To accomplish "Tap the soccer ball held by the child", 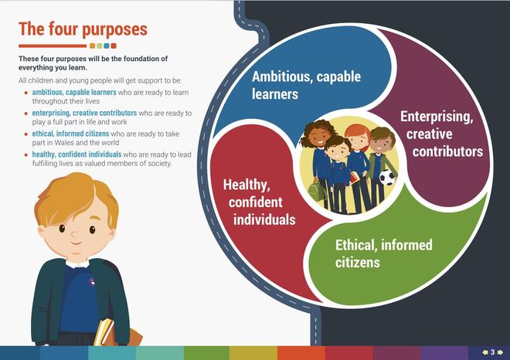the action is coord(387,177).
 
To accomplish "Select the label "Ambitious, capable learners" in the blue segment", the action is coord(307,85).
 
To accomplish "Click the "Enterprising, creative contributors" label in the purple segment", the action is coord(441,134).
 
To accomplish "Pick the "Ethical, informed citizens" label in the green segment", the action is coord(384,253).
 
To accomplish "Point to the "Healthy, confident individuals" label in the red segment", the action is coord(259,202).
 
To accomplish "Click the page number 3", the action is coord(492,352).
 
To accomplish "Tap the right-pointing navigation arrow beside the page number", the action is coord(500,352).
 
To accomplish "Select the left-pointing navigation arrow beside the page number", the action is coord(485,352).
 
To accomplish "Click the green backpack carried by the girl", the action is coord(316,192).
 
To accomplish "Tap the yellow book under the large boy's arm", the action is coord(103,331).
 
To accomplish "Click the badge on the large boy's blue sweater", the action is coord(92,281).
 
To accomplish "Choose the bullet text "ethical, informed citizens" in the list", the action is coord(70,134).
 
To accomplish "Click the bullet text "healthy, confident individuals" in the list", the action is coord(76,155).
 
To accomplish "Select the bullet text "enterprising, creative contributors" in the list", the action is coord(84,113).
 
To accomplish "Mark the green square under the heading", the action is coord(99,46).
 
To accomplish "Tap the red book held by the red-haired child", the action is coord(355,178).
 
